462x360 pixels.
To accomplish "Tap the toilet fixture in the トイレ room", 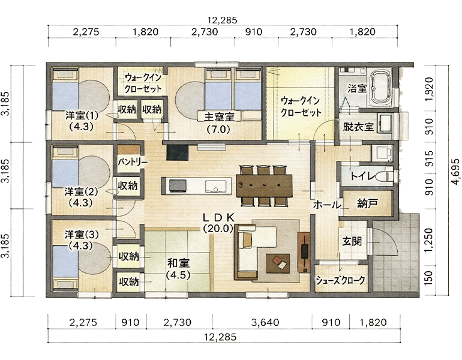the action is point(385,176).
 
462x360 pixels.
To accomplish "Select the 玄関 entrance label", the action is point(352,242).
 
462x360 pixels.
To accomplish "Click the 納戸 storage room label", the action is point(367,203).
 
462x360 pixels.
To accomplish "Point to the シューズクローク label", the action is point(340,280).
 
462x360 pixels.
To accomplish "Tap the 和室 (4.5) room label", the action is point(178,268).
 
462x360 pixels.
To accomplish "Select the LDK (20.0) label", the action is point(218,223).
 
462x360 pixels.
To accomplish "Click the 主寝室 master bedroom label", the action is point(219,117).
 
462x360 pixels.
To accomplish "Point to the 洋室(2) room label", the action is point(81,192).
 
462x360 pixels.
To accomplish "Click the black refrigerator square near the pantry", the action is point(178,152).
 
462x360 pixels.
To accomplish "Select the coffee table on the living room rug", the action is point(278,263).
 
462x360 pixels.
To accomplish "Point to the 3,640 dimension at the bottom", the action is point(265,322).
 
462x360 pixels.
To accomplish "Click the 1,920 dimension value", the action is point(430,89).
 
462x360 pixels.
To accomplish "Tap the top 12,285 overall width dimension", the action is point(222,20).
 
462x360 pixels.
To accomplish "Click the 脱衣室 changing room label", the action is point(358,127).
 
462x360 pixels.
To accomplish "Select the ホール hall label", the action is point(327,205).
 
